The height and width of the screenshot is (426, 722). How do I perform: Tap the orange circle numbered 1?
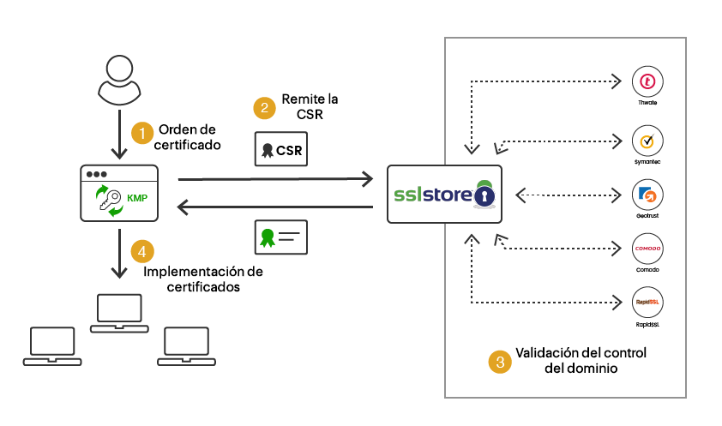[141, 134]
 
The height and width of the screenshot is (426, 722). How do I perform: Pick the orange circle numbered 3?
[499, 361]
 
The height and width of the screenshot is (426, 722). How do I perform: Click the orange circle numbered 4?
[142, 252]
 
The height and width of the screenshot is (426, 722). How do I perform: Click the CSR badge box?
[280, 149]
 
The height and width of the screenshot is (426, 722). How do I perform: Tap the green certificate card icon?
[280, 237]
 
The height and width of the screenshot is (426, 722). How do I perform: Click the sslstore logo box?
[442, 195]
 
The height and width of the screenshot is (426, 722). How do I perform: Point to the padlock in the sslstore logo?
[484, 196]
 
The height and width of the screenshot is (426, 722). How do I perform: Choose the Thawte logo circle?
[648, 82]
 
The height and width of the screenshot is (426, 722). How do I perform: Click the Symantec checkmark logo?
[648, 140]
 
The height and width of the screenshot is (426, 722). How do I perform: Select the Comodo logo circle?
[648, 249]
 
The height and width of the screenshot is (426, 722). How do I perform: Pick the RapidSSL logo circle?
[648, 303]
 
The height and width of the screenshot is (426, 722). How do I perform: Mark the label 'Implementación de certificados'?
[203, 279]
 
